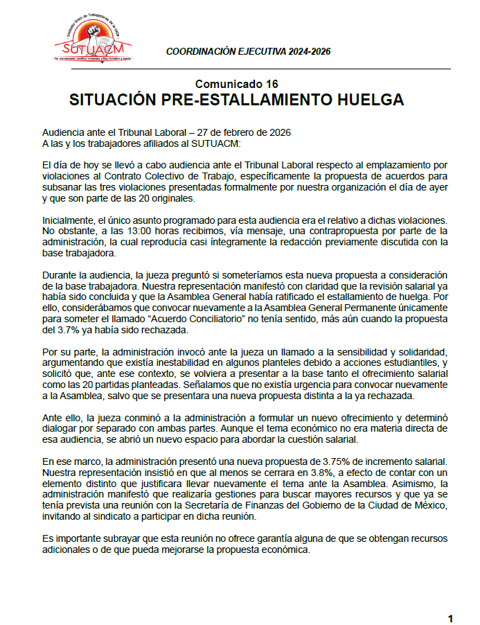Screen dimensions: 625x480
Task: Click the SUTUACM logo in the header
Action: (x=94, y=42)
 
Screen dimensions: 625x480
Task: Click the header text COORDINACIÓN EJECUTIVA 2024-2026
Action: (x=249, y=52)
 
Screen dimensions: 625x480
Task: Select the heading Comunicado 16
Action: (x=236, y=85)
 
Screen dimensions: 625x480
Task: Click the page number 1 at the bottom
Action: (x=450, y=617)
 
